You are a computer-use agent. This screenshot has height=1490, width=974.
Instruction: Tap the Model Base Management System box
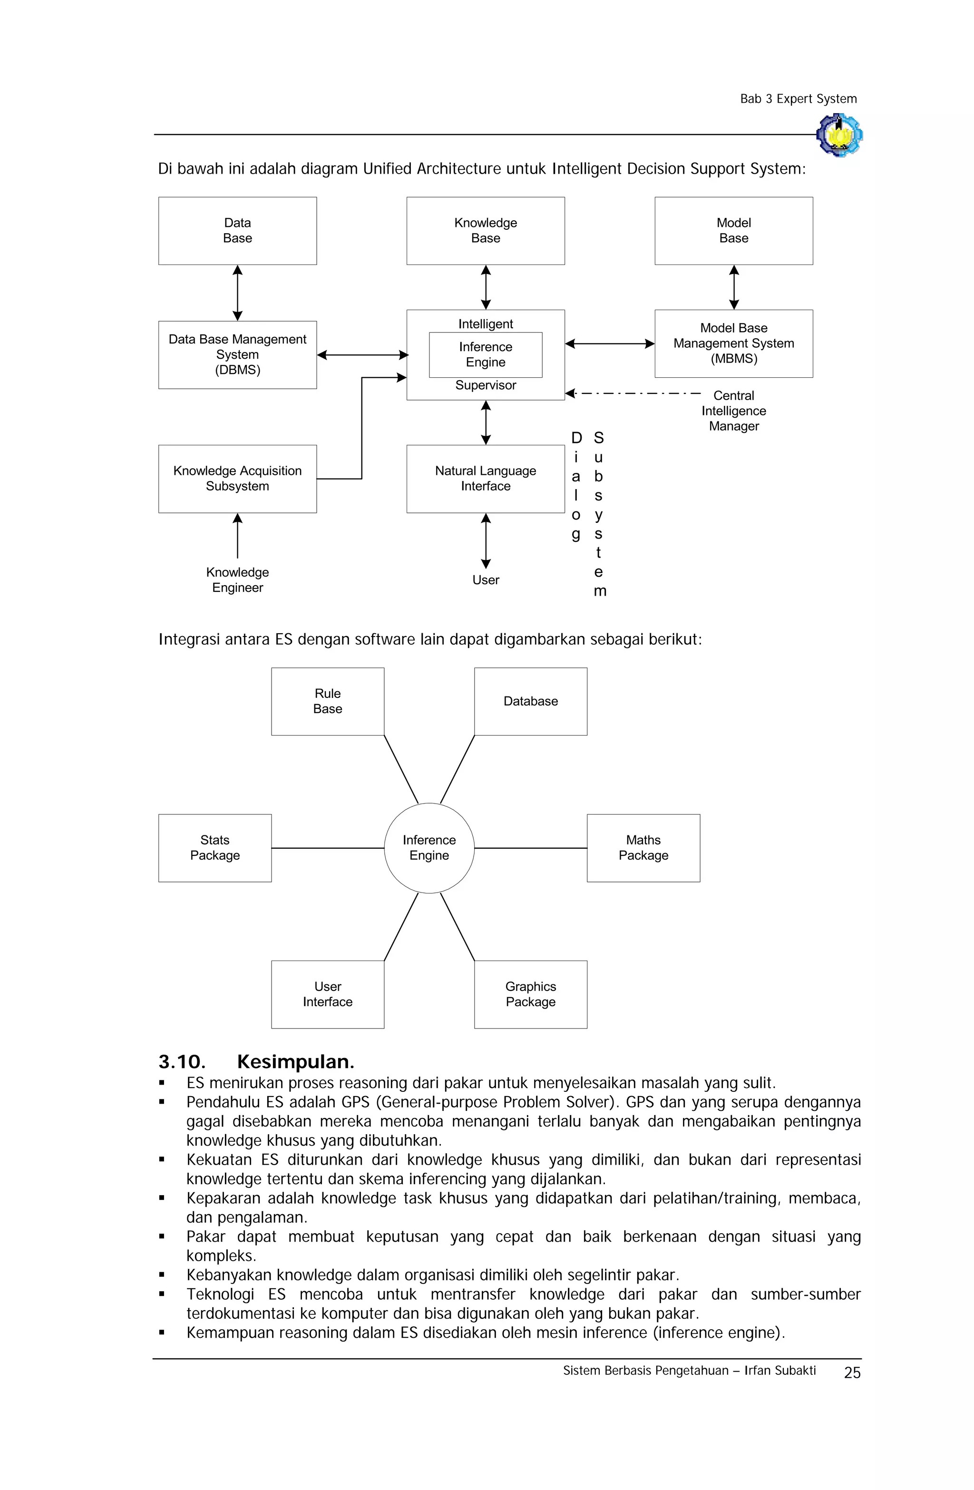[x=733, y=343]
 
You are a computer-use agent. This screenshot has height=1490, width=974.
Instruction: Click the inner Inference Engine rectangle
[x=485, y=354]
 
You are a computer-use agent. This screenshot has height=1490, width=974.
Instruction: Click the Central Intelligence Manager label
[x=733, y=411]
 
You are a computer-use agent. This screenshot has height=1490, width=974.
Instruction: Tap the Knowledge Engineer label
[x=237, y=580]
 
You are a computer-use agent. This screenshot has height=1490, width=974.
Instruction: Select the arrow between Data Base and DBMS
[x=237, y=293]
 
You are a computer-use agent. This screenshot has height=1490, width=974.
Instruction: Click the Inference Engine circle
[x=429, y=848]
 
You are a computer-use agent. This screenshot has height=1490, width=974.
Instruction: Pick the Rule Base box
[x=327, y=701]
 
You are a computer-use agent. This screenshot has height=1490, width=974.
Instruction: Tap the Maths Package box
[x=643, y=848]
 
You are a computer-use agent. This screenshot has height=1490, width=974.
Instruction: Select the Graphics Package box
[x=530, y=994]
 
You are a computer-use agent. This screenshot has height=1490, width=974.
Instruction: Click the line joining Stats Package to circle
[x=327, y=848]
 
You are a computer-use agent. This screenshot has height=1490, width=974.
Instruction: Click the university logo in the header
[x=839, y=135]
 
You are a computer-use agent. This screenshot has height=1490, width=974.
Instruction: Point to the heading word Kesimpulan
[x=295, y=1062]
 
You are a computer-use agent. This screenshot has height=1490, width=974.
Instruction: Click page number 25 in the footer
[x=851, y=1372]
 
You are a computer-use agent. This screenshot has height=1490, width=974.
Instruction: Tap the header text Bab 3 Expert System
[x=798, y=99]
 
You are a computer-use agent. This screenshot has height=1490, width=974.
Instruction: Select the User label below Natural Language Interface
[x=485, y=580]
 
